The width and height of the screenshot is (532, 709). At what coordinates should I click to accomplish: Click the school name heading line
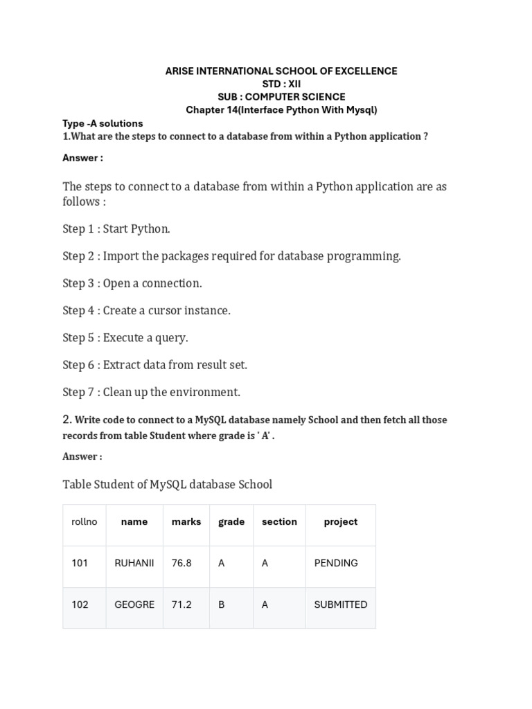[281, 71]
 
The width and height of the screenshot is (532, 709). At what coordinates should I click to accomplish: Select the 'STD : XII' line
[281, 84]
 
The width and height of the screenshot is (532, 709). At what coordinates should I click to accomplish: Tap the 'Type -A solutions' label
[103, 123]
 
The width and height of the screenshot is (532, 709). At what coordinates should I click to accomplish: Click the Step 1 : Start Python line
[116, 228]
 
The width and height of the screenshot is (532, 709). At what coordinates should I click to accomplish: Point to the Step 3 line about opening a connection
[132, 283]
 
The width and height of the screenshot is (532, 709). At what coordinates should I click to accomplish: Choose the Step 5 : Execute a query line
[125, 338]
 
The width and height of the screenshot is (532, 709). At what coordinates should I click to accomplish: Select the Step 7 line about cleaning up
[152, 392]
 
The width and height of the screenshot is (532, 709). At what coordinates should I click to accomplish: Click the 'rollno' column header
[85, 522]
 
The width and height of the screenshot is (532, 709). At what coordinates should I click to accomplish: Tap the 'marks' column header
[186, 522]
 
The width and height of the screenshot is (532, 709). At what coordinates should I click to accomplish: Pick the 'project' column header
[341, 522]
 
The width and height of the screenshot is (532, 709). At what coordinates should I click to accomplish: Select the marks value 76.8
[181, 563]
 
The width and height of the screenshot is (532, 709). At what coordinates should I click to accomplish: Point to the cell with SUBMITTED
[341, 604]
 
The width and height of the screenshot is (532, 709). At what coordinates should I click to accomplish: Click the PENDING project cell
[336, 563]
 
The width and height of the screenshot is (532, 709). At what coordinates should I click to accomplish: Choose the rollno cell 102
[80, 604]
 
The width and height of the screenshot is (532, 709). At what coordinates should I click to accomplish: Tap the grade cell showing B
[222, 604]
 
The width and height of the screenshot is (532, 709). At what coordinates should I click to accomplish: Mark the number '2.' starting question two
[67, 419]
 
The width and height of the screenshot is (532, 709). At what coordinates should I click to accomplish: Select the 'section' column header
[279, 522]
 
